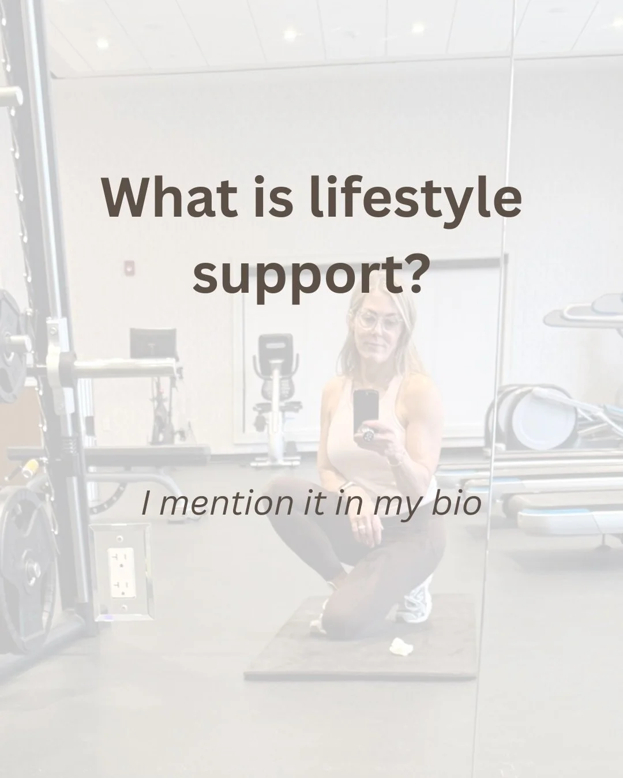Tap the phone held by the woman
click(366, 411)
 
